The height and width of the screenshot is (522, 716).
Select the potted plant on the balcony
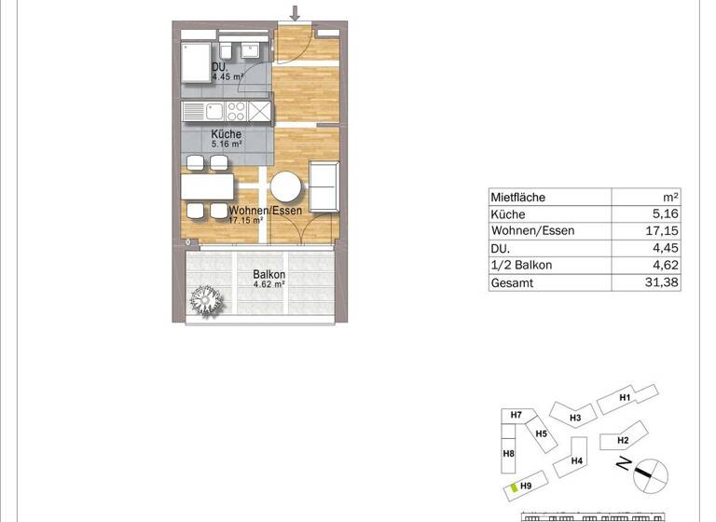click(205, 299)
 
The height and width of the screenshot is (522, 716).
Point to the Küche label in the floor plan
click(226, 134)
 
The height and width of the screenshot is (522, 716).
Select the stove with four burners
click(237, 112)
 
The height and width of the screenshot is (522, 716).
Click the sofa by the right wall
click(323, 185)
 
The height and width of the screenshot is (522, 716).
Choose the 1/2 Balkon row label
click(521, 266)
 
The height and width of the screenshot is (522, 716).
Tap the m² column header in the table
click(670, 198)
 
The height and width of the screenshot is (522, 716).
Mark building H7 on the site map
click(516, 416)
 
